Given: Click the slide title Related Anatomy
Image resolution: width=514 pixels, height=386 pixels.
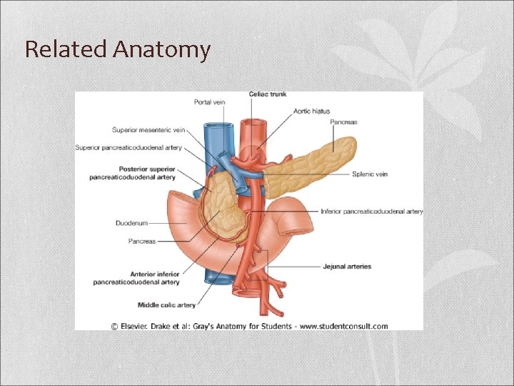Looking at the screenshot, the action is coord(118,49).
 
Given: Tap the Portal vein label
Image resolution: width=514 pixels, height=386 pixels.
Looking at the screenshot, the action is coord(209,102).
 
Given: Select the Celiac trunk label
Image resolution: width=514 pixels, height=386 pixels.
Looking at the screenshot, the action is coord(268,94).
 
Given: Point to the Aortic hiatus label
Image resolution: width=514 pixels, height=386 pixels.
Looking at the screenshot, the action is coord(312,111).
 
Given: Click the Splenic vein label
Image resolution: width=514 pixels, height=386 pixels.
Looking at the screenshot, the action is coord(370,174).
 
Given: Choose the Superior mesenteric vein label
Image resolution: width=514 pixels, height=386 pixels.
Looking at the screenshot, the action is coord(148,130).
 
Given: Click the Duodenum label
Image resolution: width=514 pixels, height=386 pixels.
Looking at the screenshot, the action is coord(131,223).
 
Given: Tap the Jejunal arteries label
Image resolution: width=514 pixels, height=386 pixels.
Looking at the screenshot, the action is coord(347,267).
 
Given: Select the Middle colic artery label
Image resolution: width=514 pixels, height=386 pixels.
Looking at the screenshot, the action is coord(166,305).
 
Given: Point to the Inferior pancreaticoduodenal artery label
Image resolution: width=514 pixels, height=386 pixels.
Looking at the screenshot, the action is coord(372,212).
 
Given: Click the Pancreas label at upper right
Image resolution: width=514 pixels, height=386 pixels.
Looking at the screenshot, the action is coord(343,122).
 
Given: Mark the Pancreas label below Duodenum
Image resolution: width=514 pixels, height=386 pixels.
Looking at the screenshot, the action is coord(142,242).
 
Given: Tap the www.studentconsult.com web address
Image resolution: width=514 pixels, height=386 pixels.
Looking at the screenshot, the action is coord(344,326).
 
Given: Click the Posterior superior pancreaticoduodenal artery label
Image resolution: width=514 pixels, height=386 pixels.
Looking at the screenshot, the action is coord(133,174).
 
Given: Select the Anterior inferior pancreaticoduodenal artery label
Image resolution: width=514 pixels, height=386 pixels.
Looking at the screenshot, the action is coord(136,278).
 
